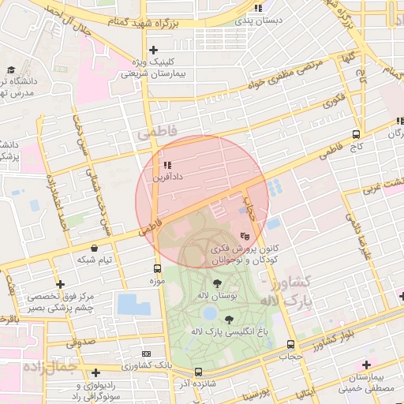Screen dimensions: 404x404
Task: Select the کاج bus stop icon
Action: (x=356, y=135)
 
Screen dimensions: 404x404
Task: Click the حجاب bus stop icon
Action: (x=291, y=345)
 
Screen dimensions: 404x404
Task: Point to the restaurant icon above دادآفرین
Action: (x=166, y=166)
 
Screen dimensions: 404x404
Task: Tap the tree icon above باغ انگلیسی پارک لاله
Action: (x=230, y=320)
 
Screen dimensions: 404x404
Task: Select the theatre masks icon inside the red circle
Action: (x=245, y=234)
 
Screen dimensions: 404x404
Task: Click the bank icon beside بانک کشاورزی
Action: (x=144, y=354)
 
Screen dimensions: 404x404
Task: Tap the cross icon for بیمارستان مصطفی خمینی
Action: (x=365, y=365)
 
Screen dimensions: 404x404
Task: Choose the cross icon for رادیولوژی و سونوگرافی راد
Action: (x=95, y=372)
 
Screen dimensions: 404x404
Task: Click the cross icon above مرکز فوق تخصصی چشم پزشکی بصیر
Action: (x=60, y=284)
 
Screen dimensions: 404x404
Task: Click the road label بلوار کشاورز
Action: (x=342, y=337)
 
